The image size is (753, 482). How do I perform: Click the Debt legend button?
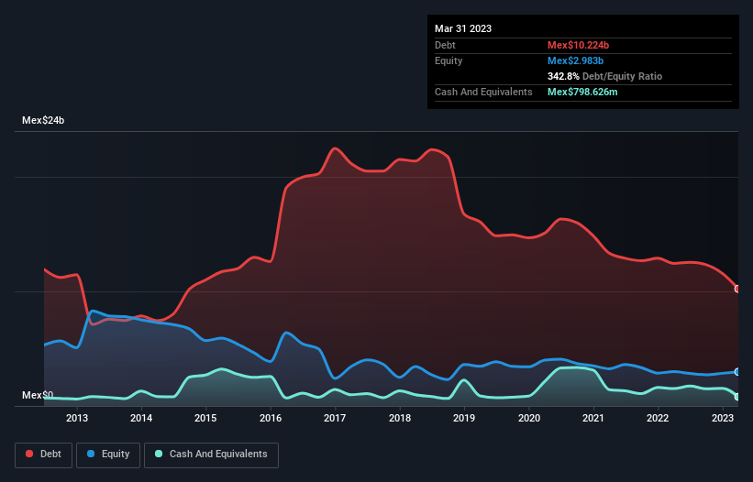coord(44,455)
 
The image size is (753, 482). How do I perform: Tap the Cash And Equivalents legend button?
coord(211,455)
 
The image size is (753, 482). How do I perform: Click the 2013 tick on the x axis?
coord(77,419)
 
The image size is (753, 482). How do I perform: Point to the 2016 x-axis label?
coord(271,419)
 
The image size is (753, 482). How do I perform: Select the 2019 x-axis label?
coord(464,419)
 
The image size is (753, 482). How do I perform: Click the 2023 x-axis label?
coord(722,419)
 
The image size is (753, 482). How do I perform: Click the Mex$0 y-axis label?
coord(38,396)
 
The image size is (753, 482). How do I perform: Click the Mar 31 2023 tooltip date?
coord(463,28)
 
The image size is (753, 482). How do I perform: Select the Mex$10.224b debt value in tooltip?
coord(577,45)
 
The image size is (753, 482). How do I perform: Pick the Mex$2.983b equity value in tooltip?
coord(574,60)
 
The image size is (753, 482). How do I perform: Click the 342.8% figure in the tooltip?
coord(564,76)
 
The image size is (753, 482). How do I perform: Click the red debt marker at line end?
coord(737,289)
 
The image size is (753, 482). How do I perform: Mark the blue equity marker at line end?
coord(737,371)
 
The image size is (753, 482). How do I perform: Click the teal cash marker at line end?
coord(737,397)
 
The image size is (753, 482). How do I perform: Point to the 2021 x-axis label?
coord(592,419)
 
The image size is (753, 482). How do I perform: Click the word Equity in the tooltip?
coord(448,60)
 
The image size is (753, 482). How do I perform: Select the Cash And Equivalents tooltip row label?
coord(483,92)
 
